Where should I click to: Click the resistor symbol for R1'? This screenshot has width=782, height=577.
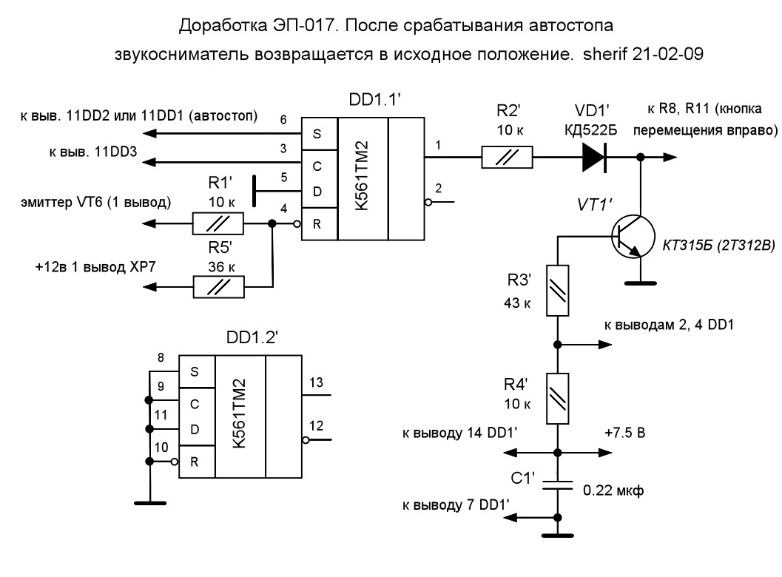pyautogui.click(x=218, y=223)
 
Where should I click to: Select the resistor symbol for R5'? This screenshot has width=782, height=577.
pyautogui.click(x=218, y=287)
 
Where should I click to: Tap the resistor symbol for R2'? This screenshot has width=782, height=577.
pyautogui.click(x=507, y=157)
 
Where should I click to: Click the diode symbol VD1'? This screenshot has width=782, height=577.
pyautogui.click(x=595, y=157)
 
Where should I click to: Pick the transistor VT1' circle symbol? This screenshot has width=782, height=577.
pyautogui.click(x=633, y=237)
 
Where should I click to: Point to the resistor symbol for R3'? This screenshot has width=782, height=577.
pyautogui.click(x=558, y=290)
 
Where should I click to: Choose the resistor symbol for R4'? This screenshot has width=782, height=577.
pyautogui.click(x=558, y=399)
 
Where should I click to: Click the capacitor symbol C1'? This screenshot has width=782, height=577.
pyautogui.click(x=558, y=485)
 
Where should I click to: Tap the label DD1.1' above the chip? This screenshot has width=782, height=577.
pyautogui.click(x=374, y=100)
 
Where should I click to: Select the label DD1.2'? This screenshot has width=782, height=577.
pyautogui.click(x=252, y=337)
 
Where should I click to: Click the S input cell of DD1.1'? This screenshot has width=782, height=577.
pyautogui.click(x=319, y=134)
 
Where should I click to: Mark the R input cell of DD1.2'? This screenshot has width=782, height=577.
pyautogui.click(x=197, y=462)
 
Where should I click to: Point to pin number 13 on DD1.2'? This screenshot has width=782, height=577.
pyautogui.click(x=316, y=382)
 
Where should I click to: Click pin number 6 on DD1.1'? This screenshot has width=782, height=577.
pyautogui.click(x=283, y=120)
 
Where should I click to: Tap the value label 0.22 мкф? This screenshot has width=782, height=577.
pyautogui.click(x=613, y=490)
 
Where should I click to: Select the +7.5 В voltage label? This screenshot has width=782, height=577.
pyautogui.click(x=625, y=432)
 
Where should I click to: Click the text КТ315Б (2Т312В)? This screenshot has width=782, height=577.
pyautogui.click(x=718, y=245)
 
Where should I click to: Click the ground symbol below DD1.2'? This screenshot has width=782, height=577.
pyautogui.click(x=149, y=503)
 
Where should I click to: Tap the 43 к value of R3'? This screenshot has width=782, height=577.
pyautogui.click(x=517, y=303)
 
